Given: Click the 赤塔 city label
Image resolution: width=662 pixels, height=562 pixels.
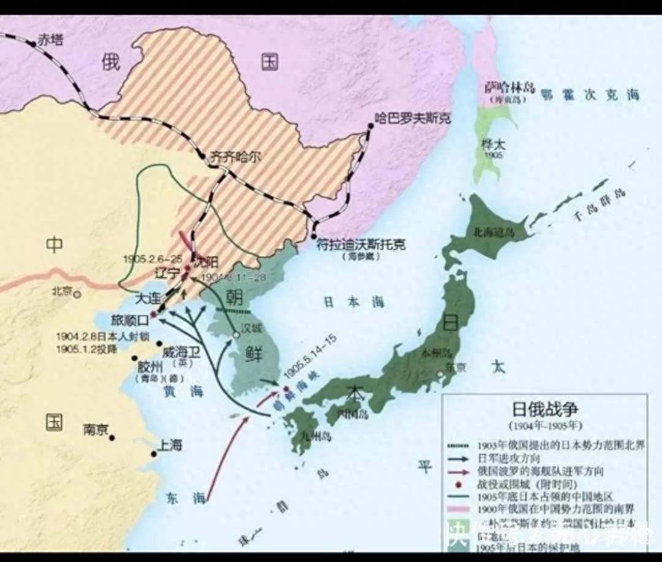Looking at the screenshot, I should click(51, 41).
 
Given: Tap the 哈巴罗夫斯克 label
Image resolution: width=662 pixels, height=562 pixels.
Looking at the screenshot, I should click(413, 118).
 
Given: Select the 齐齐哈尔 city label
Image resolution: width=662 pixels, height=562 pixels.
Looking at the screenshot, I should click(235, 157).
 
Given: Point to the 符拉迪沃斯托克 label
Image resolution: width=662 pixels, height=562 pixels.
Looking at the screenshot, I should click(361, 244).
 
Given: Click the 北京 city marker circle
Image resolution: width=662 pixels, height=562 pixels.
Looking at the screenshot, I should click(77, 294).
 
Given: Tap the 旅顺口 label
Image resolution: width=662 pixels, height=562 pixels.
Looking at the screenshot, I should click(129, 320).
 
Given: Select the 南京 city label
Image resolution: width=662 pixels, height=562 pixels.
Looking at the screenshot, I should click(95, 430).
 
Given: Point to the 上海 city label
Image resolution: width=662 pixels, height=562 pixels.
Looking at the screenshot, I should click(169, 445).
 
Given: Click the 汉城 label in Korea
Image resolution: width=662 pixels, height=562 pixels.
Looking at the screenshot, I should click(252, 327).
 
